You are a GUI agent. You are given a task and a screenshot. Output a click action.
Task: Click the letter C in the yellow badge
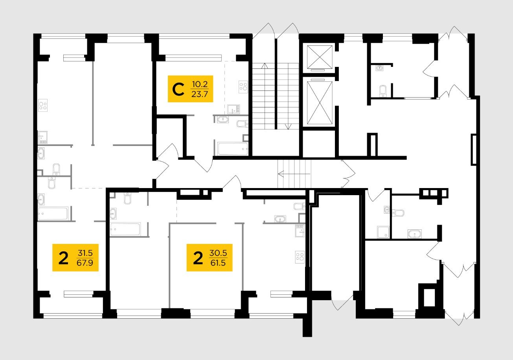178,89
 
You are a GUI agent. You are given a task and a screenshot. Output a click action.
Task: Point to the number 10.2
200,84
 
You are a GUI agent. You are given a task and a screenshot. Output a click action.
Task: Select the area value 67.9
85,263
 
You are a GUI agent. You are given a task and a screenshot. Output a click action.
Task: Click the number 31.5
85,253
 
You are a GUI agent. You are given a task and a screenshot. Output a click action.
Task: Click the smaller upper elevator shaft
319,57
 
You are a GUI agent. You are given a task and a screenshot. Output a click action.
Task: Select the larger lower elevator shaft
319,102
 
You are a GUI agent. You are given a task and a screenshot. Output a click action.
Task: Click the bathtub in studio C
233,149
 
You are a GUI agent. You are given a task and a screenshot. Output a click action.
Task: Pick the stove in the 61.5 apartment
300,257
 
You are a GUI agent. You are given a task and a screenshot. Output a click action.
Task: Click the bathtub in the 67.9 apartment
53,214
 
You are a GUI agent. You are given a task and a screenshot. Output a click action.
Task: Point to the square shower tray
383,232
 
